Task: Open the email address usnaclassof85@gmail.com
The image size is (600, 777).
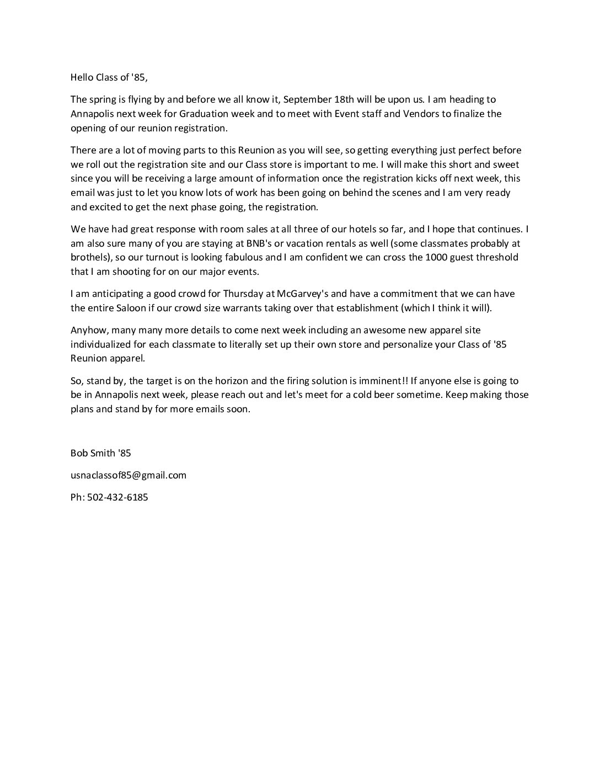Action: click(x=128, y=475)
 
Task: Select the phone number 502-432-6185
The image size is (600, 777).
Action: click(x=117, y=497)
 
